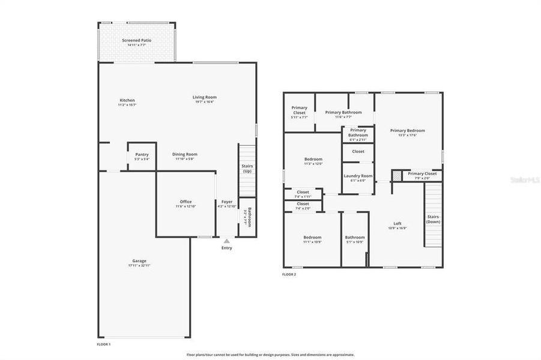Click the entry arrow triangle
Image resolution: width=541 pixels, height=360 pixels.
click(x=226, y=241)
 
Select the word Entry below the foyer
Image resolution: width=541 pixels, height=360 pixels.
click(x=226, y=248)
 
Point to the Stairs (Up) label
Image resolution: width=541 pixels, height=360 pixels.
click(x=247, y=168)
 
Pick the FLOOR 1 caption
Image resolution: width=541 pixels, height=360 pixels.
click(x=104, y=344)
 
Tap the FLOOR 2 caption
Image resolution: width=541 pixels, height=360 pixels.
click(x=289, y=274)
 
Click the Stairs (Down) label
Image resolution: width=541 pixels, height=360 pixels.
click(x=434, y=219)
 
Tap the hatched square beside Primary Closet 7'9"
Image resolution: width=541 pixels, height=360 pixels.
click(x=397, y=175)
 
